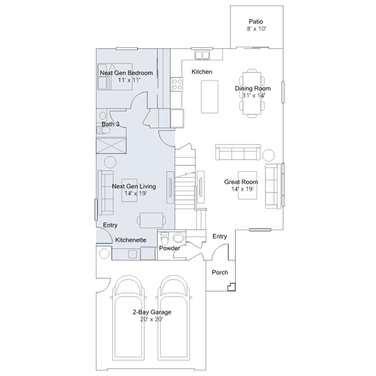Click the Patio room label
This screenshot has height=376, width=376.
[255, 22]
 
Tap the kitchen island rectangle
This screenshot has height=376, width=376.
[209, 97]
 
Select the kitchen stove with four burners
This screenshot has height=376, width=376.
[177, 84]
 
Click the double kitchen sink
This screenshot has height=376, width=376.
[202, 55]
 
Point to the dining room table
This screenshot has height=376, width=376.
[252, 94]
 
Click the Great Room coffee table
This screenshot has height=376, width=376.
[248, 185]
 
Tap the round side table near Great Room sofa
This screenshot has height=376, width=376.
[268, 155]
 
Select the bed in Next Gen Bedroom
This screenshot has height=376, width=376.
[115, 76]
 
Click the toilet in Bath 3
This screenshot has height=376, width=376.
[103, 130]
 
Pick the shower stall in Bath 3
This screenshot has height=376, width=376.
[111, 145]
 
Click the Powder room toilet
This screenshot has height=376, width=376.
[165, 238]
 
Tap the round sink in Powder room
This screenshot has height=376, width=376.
[178, 238]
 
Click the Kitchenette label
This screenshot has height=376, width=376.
[131, 240]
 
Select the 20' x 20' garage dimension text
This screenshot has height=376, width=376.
[152, 320]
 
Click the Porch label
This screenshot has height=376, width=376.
[220, 272]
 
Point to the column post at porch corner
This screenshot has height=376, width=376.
[232, 287]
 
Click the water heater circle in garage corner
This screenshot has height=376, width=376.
[104, 254]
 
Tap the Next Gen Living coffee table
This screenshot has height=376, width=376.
[129, 191]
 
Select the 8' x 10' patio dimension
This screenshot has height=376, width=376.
[257, 29]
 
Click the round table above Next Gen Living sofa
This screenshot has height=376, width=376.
[110, 162]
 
